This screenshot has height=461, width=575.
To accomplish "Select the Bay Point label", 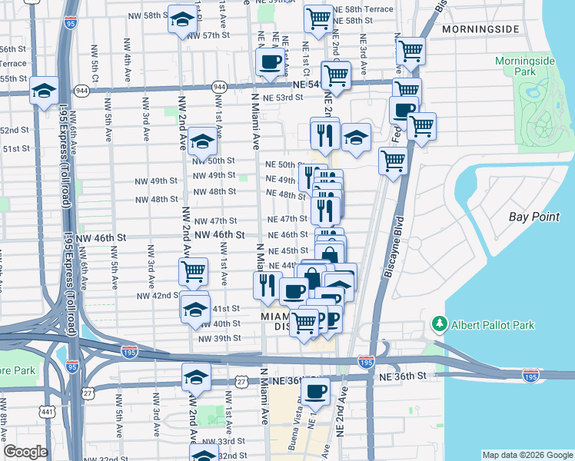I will [x=534, y=217].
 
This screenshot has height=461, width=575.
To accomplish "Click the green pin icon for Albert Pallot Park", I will [x=440, y=325].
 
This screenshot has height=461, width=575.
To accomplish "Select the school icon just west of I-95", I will [x=45, y=91].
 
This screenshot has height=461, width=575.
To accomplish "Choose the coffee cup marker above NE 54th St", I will [x=269, y=62].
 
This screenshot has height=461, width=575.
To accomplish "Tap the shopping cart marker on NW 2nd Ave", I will [x=193, y=270].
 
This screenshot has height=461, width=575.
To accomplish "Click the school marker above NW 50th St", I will [x=202, y=141].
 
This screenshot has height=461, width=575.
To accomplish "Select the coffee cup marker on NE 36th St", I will [x=314, y=391].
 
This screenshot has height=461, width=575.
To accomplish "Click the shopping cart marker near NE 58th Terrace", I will [x=318, y=18].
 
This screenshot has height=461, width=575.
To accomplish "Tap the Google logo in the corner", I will [x=25, y=452].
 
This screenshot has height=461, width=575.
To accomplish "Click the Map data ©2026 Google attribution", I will [x=527, y=455].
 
